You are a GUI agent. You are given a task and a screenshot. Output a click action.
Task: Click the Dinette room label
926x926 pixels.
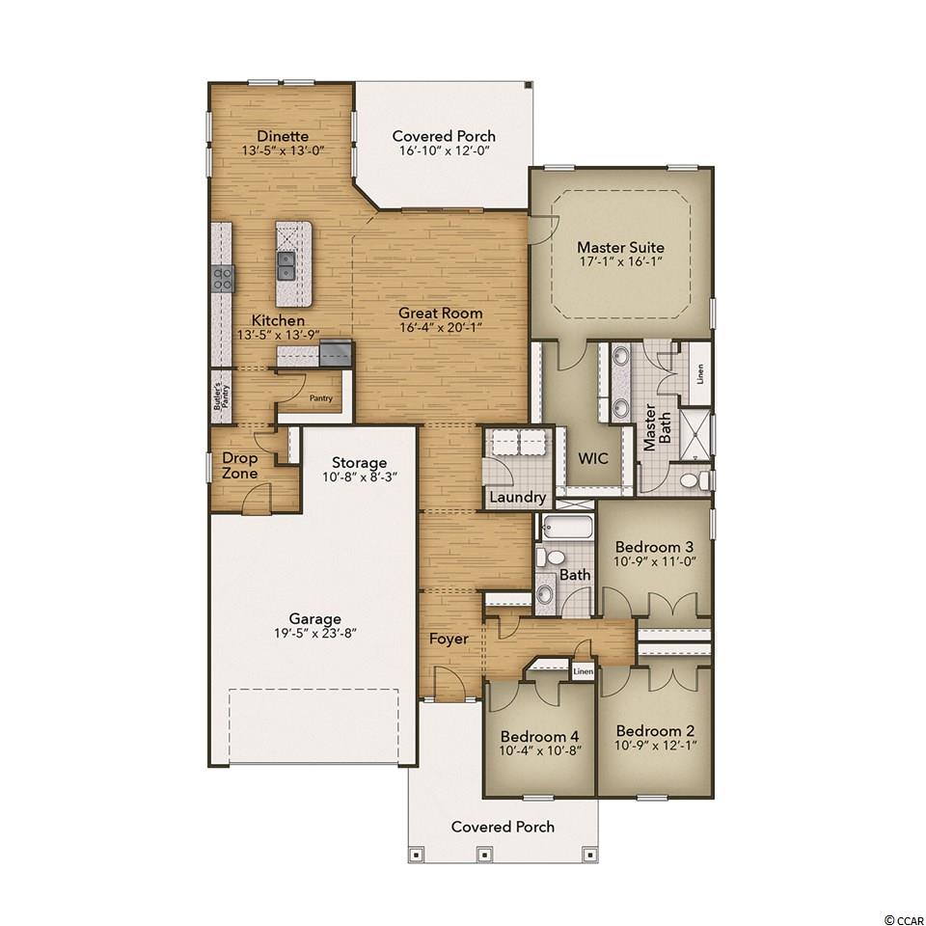click(x=283, y=136)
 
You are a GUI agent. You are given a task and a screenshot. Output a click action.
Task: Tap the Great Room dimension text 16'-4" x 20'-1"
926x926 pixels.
click(x=441, y=327)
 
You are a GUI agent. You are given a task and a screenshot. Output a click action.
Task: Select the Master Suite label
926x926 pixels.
click(x=620, y=248)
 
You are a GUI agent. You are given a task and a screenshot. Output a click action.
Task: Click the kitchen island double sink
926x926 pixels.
click(x=286, y=265)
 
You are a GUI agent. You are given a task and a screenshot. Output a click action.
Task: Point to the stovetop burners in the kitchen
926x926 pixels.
click(x=223, y=278)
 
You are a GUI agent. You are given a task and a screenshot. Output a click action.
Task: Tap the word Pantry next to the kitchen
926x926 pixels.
click(x=320, y=398)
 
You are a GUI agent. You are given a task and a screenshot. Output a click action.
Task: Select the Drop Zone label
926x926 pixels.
click(x=240, y=465)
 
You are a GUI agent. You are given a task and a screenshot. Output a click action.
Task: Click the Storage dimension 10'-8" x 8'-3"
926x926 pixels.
click(x=359, y=477)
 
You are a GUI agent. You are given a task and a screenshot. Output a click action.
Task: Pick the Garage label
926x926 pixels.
click(x=314, y=619)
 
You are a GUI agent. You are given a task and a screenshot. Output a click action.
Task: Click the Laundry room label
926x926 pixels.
click(x=517, y=498)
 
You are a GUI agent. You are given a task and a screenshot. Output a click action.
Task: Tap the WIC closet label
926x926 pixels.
click(x=593, y=458)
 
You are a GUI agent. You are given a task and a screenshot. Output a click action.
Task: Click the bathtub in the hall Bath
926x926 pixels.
click(x=566, y=527)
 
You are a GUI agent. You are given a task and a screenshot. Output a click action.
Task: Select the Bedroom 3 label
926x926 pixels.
click(x=654, y=547)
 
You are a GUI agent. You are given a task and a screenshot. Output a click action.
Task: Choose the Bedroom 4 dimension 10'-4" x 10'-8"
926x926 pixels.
click(x=540, y=751)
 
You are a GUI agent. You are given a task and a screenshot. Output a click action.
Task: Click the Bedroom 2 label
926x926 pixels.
click(x=656, y=730)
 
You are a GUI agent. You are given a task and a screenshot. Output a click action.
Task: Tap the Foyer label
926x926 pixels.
click(x=449, y=639)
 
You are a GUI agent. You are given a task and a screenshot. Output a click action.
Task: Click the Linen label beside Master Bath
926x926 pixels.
click(x=700, y=374)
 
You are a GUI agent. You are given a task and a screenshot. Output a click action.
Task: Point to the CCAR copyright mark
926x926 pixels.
click(x=903, y=919)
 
